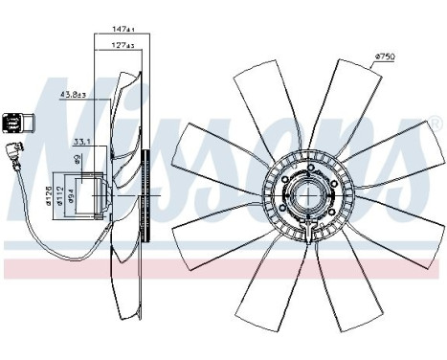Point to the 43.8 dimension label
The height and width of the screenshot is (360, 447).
tap(72, 94)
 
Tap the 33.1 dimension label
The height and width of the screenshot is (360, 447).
tap(82, 142)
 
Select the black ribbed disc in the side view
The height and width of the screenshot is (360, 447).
tap(145, 195)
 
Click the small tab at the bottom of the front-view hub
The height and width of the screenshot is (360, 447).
tap(306, 239)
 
